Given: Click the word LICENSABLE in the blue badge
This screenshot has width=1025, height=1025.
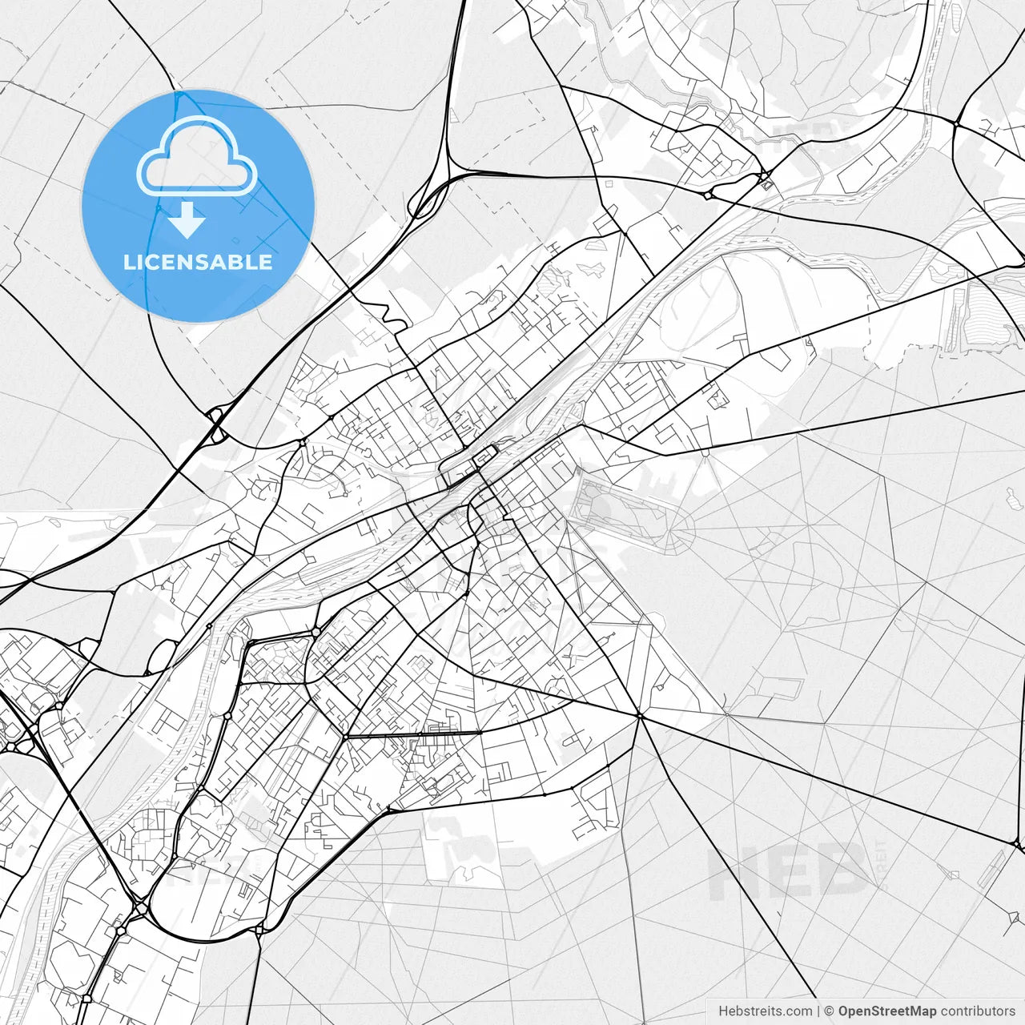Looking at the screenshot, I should (x=198, y=262).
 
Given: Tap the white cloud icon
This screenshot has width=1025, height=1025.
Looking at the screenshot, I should (x=197, y=158).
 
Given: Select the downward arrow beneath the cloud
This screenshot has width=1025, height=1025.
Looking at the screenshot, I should (x=187, y=219).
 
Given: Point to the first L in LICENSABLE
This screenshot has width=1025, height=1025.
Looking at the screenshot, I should (x=128, y=262).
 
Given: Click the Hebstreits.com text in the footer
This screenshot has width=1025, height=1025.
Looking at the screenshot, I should (x=765, y=1011).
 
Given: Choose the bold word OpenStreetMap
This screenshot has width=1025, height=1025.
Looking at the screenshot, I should (x=887, y=1011).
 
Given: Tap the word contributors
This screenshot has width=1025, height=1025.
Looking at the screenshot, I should (x=977, y=1011).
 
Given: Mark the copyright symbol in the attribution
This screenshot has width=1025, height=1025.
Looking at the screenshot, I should (x=830, y=1011).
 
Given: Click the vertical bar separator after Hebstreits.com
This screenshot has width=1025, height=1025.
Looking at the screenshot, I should (x=818, y=1011).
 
